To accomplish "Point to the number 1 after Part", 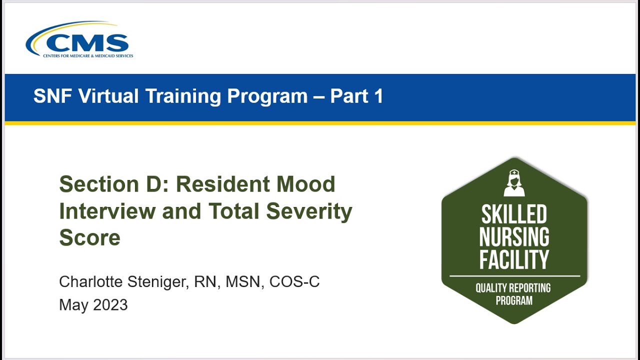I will click(378, 96).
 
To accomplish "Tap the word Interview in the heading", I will click(106, 211).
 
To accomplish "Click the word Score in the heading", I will click(89, 237).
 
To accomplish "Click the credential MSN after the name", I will click(245, 282).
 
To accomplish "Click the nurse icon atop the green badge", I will click(514, 183).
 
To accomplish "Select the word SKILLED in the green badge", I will click(514, 215).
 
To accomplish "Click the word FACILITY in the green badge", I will click(514, 259).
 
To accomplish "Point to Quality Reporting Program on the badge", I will click(514, 294).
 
